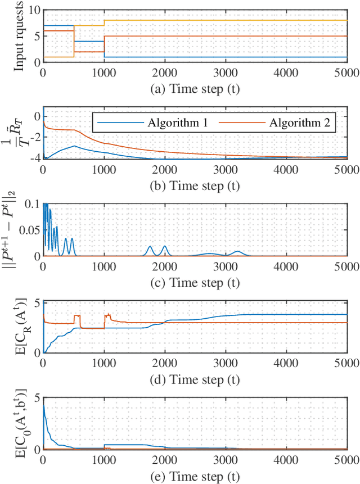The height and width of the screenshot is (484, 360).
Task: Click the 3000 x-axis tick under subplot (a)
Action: click(x=225, y=72)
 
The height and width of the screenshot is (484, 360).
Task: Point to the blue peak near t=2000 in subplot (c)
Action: click(x=164, y=246)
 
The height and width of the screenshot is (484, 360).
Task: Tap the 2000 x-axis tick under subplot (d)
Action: click(x=164, y=363)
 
